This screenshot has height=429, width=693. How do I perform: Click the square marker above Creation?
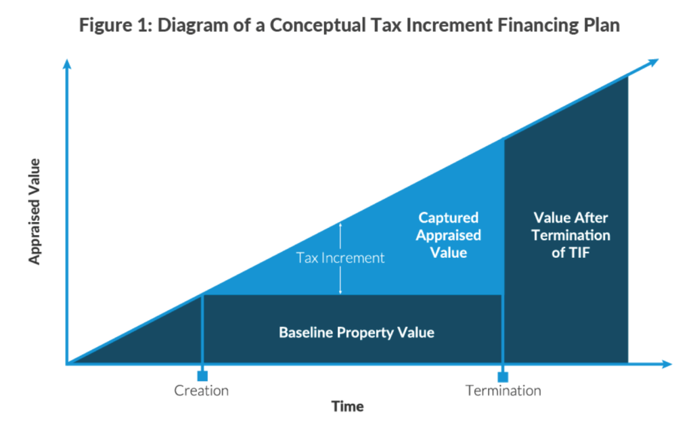(x=202, y=376)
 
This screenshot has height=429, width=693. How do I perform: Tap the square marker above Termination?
(x=503, y=377)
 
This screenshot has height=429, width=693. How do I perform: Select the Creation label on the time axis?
(x=201, y=390)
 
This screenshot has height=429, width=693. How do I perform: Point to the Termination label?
(x=503, y=390)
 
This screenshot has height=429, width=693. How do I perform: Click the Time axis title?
(x=348, y=407)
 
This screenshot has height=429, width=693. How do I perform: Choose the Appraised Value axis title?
(x=34, y=212)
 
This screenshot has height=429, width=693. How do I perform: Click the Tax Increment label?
(x=340, y=258)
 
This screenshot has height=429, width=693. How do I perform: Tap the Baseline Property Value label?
(x=356, y=332)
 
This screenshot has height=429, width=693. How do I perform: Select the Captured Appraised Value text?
(x=448, y=235)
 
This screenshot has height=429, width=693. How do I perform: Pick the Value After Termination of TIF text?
(x=571, y=235)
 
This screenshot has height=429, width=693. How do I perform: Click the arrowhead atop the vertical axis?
(x=67, y=64)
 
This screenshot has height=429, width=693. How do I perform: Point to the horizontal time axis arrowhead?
(x=667, y=364)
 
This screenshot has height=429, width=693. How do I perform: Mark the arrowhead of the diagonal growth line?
(x=653, y=63)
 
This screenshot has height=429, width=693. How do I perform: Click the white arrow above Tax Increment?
(x=340, y=235)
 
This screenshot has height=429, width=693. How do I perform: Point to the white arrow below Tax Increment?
(x=340, y=280)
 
